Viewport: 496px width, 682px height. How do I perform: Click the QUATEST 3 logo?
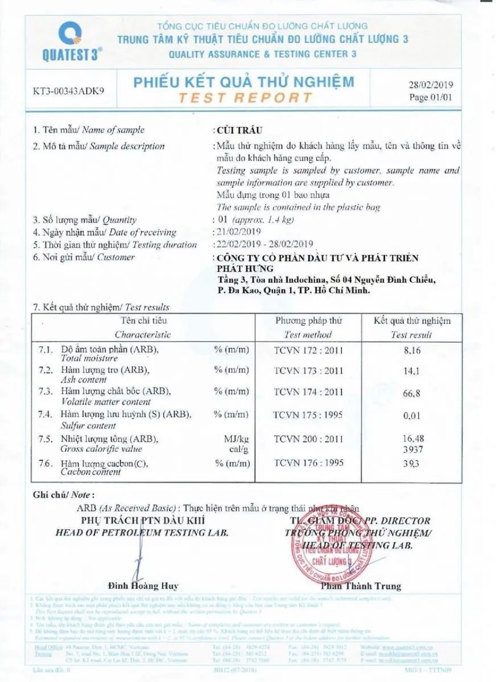pos(71,40)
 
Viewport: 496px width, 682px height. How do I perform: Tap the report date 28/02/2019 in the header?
pos(430,85)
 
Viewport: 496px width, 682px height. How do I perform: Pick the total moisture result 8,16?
pos(411,351)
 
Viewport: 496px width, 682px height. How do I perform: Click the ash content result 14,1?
pos(411,373)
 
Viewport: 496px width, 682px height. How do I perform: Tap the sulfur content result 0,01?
pos(411,416)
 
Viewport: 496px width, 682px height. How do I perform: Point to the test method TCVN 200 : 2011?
pos(308,439)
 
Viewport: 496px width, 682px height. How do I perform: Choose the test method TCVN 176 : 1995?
pos(308,463)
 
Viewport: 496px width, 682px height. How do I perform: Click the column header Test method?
pos(308,335)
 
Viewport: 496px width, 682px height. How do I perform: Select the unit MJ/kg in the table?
pos(237,439)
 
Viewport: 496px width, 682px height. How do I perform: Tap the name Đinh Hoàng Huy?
pos(143,586)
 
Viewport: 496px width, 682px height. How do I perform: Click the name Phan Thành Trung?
pos(361,586)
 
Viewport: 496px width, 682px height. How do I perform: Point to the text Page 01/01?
pos(430,97)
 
